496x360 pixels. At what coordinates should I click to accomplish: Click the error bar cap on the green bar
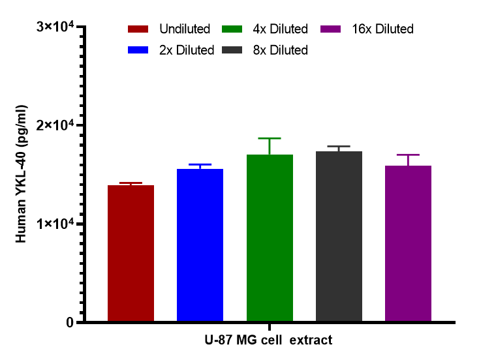click(270, 138)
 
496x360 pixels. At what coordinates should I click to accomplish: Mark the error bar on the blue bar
click(200, 165)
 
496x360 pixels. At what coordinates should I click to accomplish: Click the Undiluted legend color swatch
click(140, 29)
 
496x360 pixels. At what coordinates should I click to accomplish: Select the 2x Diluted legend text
click(187, 50)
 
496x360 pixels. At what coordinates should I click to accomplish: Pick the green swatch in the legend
click(234, 29)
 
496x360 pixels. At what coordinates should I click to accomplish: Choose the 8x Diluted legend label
click(281, 50)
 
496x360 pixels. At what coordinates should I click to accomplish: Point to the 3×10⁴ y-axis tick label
click(55, 27)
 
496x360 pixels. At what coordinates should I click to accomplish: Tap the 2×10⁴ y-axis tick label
click(55, 126)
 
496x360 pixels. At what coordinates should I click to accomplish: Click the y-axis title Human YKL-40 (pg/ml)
click(22, 174)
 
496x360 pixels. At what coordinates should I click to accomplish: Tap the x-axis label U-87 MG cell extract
click(268, 340)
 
